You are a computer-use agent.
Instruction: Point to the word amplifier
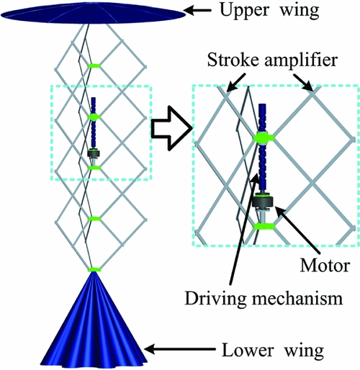301,60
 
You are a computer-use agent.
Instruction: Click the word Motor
325,266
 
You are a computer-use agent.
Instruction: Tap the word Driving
216,299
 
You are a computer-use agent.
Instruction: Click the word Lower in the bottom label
248,351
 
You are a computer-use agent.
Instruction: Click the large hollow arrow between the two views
171,128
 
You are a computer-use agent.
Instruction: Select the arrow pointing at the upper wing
197,11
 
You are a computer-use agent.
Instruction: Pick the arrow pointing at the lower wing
179,349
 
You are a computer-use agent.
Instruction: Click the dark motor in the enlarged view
264,201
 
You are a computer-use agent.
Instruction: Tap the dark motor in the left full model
94,153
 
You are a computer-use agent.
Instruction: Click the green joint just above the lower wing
94,270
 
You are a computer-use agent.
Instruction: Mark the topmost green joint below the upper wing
94,66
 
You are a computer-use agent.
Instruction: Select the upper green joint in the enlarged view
264,137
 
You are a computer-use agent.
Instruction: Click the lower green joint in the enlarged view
264,226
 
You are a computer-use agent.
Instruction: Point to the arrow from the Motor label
297,230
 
